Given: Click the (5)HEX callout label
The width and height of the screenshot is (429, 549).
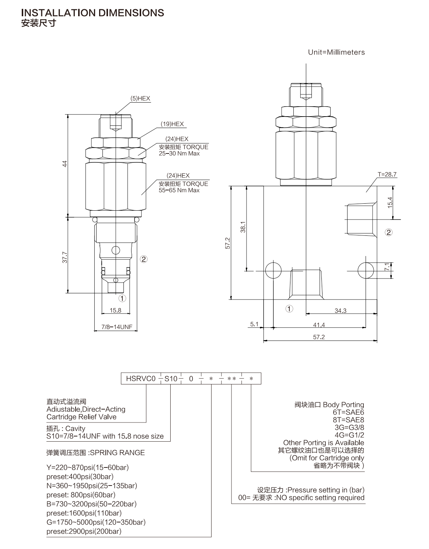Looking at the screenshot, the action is tap(140, 99).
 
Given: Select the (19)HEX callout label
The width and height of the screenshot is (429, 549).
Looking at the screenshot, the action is tap(172, 124).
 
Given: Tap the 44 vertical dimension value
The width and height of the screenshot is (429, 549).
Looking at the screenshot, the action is tap(65, 164).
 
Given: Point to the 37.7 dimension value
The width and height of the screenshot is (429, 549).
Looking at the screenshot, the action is tap(65, 257).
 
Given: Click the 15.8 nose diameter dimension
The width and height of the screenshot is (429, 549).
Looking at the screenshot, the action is tap(116, 310).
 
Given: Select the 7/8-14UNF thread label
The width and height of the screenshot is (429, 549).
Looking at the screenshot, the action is tap(117, 327).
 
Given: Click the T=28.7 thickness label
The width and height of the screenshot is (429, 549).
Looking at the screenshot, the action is tap(387, 174).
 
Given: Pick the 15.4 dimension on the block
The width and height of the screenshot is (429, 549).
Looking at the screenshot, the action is tap(390, 203).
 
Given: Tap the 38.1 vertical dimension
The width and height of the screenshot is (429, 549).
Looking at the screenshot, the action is tap(243, 227).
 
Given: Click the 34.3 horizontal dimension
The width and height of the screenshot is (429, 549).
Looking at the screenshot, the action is tap(341, 311).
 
